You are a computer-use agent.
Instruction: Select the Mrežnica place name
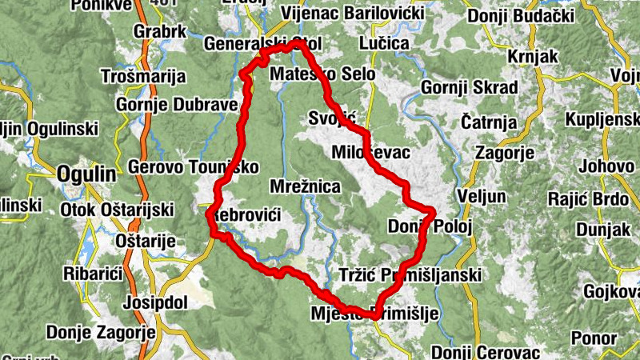tap(306, 187)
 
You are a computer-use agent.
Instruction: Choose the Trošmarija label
tap(144, 77)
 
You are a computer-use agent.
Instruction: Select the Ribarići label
tap(93, 274)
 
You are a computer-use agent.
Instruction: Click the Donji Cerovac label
tap(486, 351)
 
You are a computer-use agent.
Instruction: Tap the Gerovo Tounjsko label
tap(194, 167)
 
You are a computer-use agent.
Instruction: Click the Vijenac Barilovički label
tap(350, 14)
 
